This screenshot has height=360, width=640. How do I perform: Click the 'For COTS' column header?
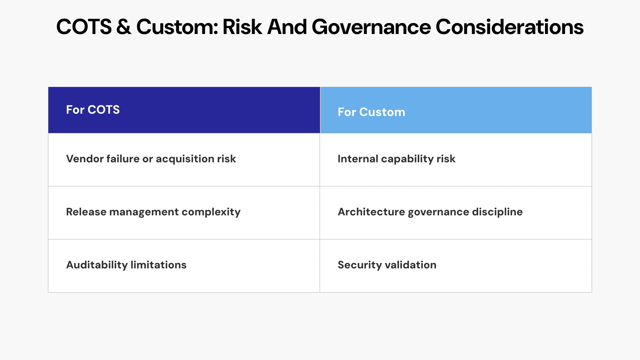(93, 110)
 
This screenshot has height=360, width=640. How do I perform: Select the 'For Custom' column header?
(371, 112)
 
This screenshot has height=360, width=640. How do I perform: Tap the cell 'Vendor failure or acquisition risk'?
(151, 159)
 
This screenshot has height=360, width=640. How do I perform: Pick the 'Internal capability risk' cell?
(396, 159)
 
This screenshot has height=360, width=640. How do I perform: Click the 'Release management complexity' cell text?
(153, 212)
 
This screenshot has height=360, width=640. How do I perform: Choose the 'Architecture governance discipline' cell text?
(430, 212)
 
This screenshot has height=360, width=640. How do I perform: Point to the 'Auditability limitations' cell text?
(126, 265)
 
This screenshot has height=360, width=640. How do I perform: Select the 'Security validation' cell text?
(387, 265)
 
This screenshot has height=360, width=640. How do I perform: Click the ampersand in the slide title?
(124, 27)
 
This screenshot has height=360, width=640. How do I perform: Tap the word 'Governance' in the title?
(371, 27)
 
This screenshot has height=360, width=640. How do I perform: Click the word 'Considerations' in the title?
(509, 27)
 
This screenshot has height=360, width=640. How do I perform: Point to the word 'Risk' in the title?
(242, 27)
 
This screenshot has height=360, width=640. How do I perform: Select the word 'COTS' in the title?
(84, 27)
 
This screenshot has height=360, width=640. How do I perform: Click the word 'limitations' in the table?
(158, 265)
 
